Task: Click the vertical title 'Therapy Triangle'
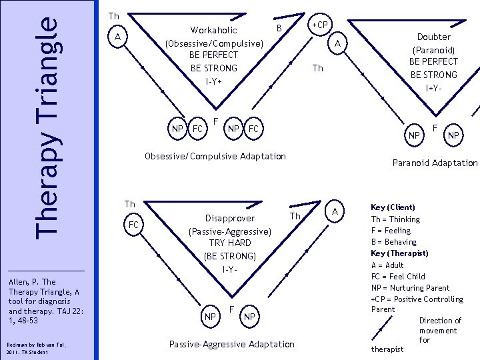point(47,125)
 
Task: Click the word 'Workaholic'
point(213,30)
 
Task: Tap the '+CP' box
point(320,25)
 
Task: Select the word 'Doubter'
point(434,37)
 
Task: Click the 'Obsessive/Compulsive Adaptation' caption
point(215,156)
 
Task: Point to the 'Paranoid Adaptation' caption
point(435,163)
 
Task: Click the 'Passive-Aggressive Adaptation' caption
point(231,344)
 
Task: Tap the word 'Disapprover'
point(230,218)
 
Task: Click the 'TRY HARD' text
point(230,243)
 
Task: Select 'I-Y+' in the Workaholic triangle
point(213,81)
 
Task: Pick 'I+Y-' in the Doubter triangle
point(434,87)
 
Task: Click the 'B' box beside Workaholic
point(280,27)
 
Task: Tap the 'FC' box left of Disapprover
point(133,225)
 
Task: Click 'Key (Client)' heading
point(393,207)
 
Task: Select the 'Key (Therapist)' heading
point(399,253)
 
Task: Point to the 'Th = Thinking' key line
point(395,219)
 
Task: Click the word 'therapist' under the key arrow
point(386,349)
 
